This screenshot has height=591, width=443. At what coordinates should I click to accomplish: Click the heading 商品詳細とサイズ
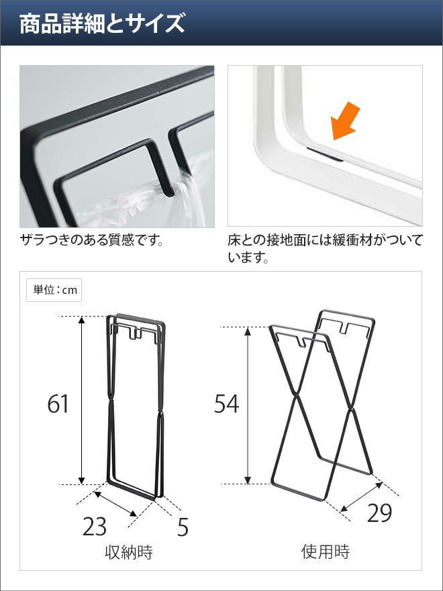tap(102, 23)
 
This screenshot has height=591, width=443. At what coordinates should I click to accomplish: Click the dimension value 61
tap(58, 404)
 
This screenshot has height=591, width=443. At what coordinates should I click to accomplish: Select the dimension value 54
tap(227, 404)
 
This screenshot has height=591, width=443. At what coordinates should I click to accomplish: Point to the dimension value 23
tap(94, 526)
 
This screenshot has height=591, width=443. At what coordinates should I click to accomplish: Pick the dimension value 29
tap(380, 513)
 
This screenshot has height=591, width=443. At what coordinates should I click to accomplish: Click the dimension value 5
tap(183, 527)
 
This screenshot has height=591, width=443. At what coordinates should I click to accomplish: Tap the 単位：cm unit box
tap(54, 290)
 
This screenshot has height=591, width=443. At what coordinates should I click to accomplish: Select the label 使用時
tap(326, 551)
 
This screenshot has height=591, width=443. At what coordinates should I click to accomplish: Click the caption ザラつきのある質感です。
tap(92, 239)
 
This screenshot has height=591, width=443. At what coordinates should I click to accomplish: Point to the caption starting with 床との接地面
tap(325, 249)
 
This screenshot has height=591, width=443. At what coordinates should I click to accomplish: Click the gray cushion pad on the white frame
tap(325, 154)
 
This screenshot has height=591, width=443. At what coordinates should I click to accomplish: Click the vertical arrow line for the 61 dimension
tap(81, 400)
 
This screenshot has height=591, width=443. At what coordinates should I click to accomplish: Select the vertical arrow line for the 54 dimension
tap(248, 406)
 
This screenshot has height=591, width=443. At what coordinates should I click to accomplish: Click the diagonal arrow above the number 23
tap(115, 504)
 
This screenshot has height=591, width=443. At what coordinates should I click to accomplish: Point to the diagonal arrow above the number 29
tap(361, 497)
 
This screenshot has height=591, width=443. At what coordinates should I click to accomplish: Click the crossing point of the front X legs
tap(296, 396)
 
